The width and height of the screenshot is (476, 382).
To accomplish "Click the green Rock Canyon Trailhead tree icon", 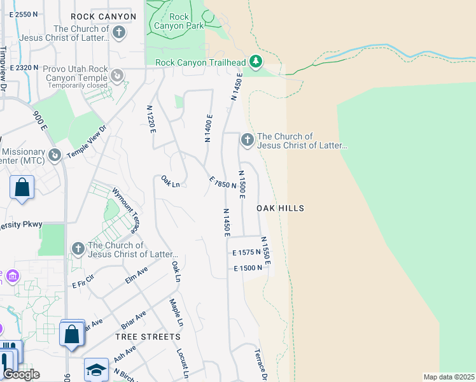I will tap(256, 62).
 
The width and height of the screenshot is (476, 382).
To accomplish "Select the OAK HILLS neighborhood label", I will tap(280, 208).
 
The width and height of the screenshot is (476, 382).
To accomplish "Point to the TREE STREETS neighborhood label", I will tap(148, 336).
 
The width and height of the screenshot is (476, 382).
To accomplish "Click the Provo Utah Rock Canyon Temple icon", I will tap(117, 76).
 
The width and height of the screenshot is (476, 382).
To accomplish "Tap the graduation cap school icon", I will tap(96, 369).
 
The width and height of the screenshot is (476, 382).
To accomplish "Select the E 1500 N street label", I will tap(248, 268).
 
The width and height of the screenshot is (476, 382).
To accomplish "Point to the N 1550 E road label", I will tap(267, 251).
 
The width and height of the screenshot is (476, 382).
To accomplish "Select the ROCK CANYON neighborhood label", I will tap(103, 17).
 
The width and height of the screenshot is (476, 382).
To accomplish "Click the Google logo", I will tap(21, 374).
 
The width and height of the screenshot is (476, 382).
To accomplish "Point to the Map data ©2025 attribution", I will tap(449, 377).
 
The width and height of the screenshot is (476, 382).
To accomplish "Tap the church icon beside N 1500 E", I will tap(246, 139).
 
